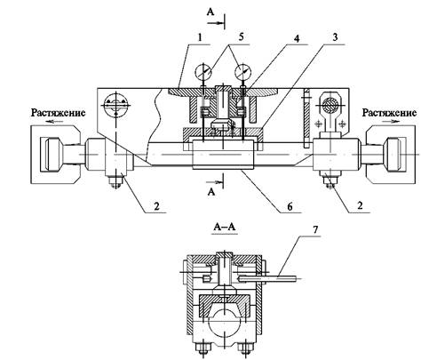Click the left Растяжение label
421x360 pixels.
[59, 113]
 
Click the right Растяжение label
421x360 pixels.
[389, 113]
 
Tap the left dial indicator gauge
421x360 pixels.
[203, 72]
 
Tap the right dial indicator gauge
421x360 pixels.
[242, 72]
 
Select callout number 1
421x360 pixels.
[200, 37]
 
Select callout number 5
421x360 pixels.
[241, 37]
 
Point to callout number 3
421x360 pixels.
[335, 37]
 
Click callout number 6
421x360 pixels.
[290, 206]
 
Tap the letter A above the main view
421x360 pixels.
[210, 12]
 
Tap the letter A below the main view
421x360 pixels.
[211, 192]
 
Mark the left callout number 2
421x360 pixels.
[156, 205]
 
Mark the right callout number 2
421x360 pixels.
[360, 205]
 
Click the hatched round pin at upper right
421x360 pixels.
[330, 105]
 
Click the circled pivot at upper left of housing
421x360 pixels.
[115, 105]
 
